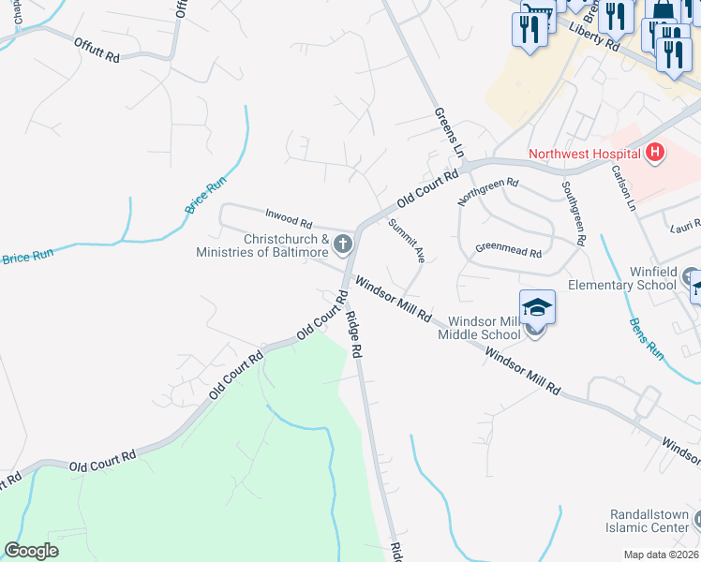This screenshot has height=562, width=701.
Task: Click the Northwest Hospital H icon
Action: [x=655, y=152]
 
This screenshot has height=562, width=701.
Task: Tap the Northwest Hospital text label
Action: [x=584, y=154]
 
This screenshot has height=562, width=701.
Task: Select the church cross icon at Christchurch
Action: [x=343, y=246]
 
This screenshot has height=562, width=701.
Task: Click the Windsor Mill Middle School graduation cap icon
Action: [x=537, y=306]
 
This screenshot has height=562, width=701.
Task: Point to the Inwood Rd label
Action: [x=288, y=221]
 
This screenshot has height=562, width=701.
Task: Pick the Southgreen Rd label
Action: [x=574, y=212]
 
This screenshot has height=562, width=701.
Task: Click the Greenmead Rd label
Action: [x=509, y=252]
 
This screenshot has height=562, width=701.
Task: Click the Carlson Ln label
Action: [x=623, y=187]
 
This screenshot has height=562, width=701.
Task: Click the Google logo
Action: [x=32, y=551]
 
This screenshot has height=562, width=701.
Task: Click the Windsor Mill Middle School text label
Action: [x=484, y=328]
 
